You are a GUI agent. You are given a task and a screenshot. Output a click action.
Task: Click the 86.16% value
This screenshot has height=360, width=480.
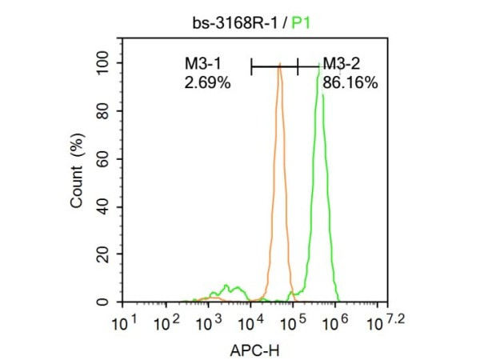click(x=350, y=81)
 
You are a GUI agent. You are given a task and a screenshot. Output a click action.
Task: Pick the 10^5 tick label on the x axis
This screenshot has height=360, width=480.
click(x=293, y=325)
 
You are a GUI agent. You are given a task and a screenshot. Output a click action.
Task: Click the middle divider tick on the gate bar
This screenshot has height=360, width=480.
click(x=298, y=68)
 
